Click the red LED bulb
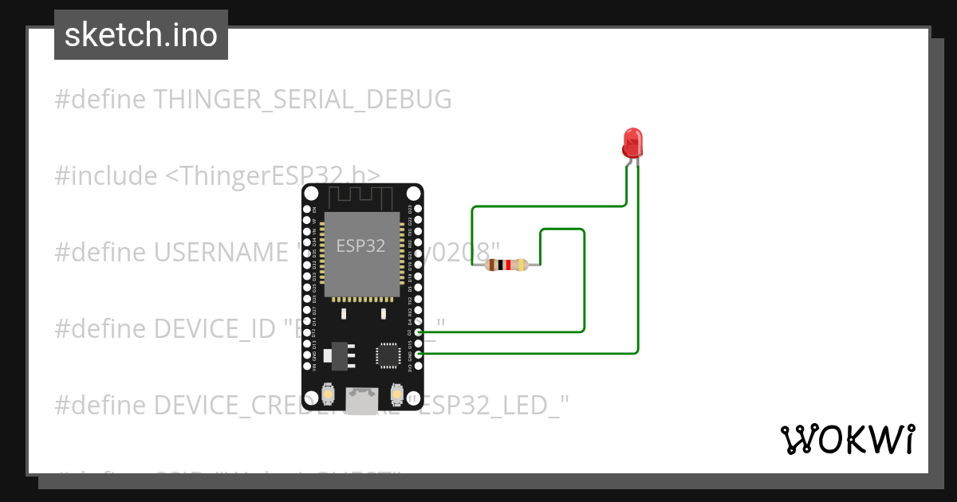coord(632,142)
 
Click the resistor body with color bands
coord(506,265)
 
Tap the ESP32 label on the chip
coord(360,245)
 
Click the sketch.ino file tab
coord(141,35)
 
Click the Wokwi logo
coord(848,439)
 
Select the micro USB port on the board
coord(363,399)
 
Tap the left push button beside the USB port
coord(328,394)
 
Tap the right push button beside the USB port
coord(396,394)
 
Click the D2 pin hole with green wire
coord(419,331)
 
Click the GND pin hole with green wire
coord(419,352)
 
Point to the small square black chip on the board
coord(388,355)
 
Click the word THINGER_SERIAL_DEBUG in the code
coord(302,100)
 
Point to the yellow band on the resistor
coord(521,265)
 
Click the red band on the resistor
coord(507,265)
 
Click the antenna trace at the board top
coord(363,197)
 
